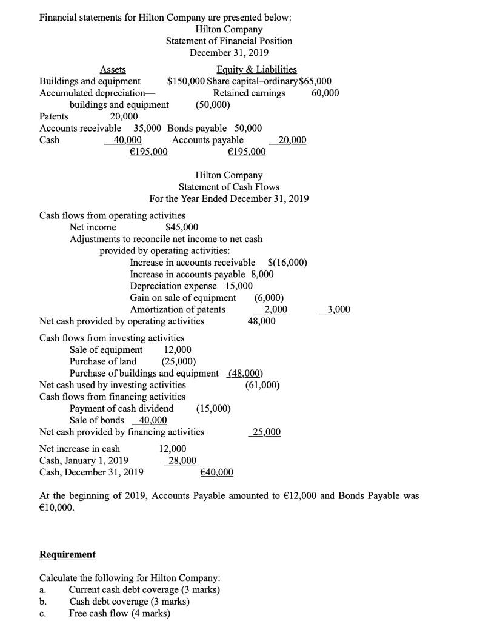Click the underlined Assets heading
pyautogui.click(x=113, y=70)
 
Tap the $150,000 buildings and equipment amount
pyautogui.click(x=186, y=81)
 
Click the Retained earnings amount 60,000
pyautogui.click(x=325, y=93)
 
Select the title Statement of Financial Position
pyautogui.click(x=229, y=41)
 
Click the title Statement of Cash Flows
pyautogui.click(x=229, y=187)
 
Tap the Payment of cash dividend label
pyautogui.click(x=122, y=409)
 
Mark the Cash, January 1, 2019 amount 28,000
pyautogui.click(x=180, y=460)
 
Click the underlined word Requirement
pyautogui.click(x=67, y=554)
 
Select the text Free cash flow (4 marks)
pyautogui.click(x=119, y=613)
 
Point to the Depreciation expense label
pyautogui.click(x=173, y=286)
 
